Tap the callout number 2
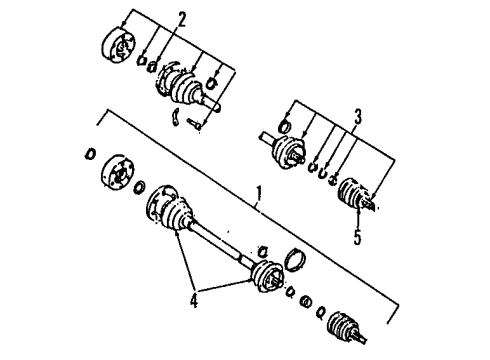[181, 19]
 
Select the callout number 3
[358, 117]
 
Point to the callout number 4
[194, 300]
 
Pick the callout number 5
[358, 237]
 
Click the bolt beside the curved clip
[194, 124]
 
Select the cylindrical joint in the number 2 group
[118, 46]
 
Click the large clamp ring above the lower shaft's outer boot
[295, 259]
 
